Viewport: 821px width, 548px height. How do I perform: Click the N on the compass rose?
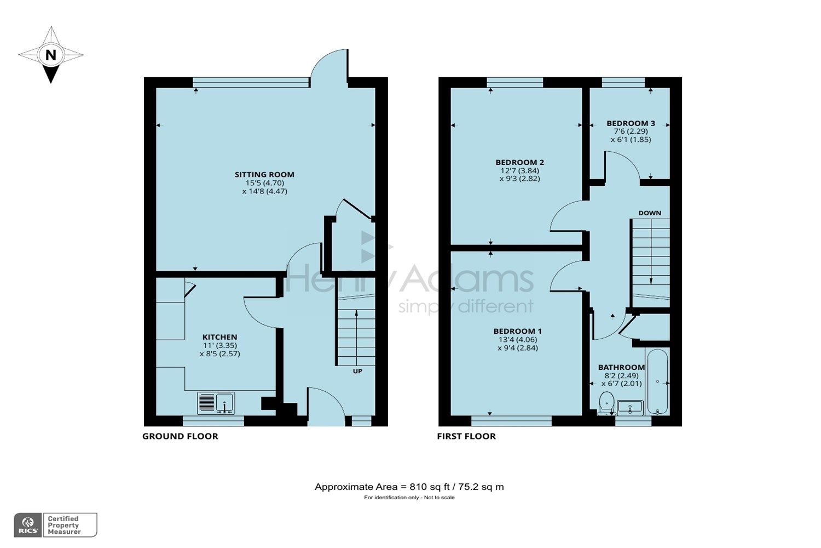51,55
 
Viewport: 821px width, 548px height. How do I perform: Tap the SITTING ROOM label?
264,174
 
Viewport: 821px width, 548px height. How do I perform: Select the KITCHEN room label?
219,337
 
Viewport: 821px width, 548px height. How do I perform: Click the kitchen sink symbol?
216,403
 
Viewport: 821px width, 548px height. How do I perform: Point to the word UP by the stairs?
357,371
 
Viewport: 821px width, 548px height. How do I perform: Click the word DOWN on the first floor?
650,213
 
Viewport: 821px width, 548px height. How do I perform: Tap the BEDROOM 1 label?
517,331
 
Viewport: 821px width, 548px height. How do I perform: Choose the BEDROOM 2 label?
519,162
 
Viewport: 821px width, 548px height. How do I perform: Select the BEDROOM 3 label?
631,123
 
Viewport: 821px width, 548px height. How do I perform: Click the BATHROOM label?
621,367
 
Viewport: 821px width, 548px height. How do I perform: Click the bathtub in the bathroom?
657,381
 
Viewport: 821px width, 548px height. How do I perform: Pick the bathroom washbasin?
629,407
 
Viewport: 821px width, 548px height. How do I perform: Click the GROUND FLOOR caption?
180,436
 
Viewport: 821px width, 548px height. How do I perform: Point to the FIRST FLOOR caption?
466,436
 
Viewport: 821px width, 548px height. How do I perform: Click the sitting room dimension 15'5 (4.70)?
264,183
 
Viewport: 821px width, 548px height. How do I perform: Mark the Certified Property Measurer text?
64,525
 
